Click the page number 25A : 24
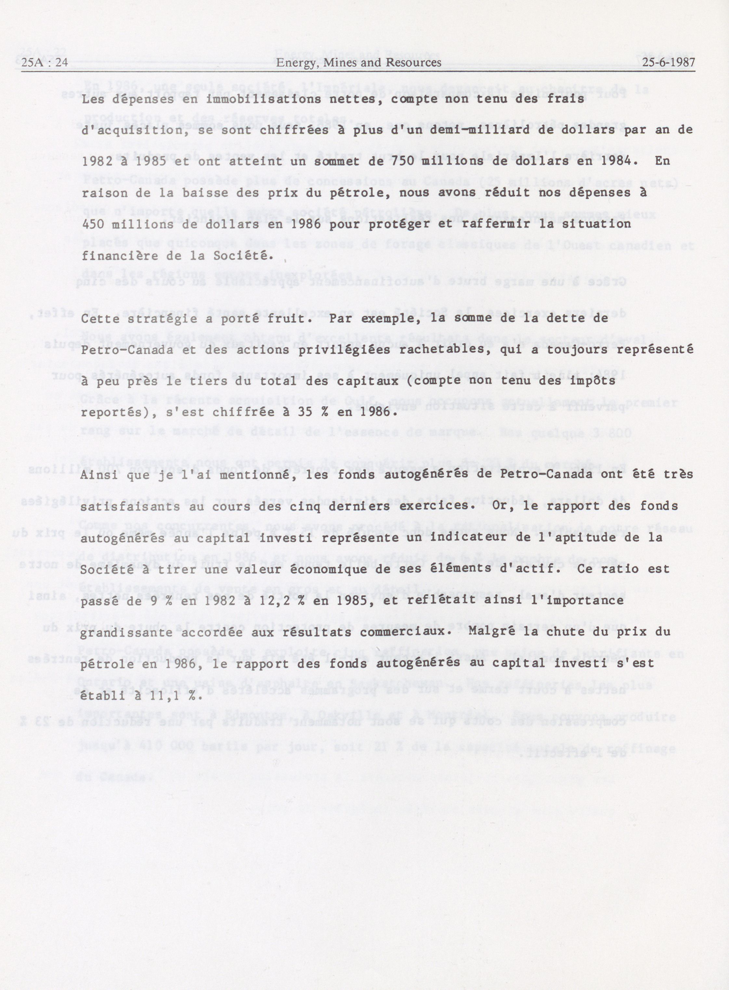click(45, 63)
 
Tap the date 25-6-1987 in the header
click(668, 63)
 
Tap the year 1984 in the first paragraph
click(612, 161)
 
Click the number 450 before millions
click(94, 224)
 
